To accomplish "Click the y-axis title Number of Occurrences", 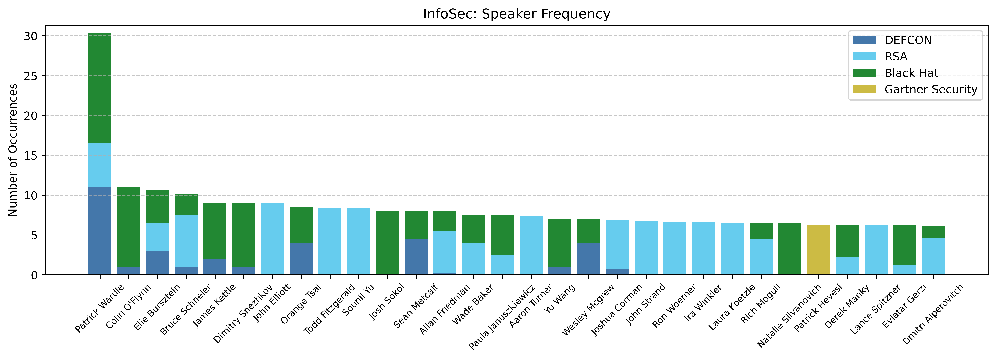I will point(13,150).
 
